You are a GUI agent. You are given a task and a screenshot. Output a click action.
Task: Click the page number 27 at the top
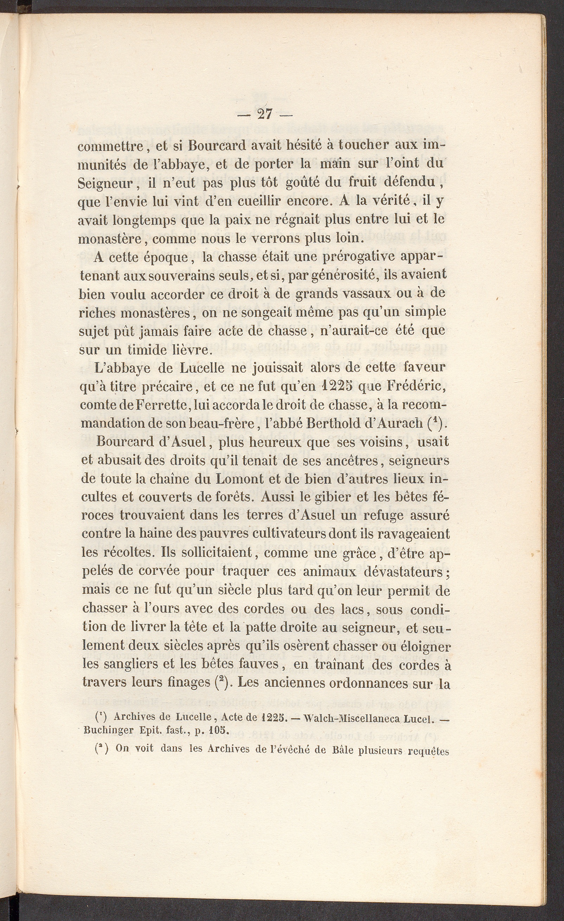click(x=265, y=114)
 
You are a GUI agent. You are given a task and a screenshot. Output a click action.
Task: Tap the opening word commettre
click(x=110, y=146)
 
